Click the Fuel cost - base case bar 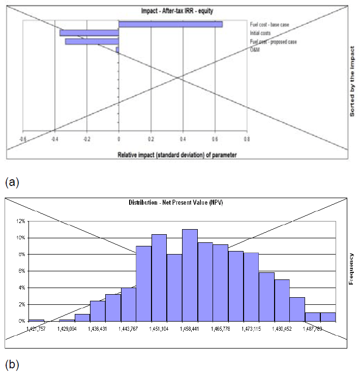pos(170,24)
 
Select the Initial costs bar pos(89,33)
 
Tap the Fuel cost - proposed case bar pos(92,42)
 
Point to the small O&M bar pos(117,50)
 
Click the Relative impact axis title pos(177,154)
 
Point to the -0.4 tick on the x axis pos(55,138)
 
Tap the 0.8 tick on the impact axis pos(247,138)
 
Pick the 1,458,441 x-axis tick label pos(190,329)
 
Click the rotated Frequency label pos(352,269)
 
